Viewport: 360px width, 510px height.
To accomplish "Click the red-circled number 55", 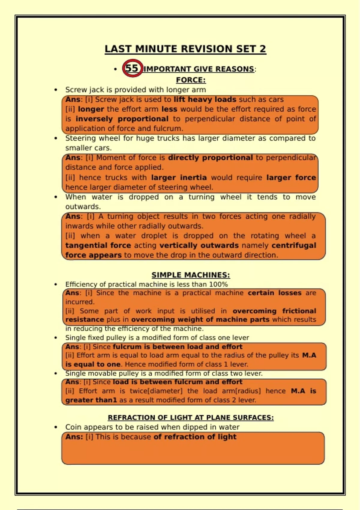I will pyautogui.click(x=132, y=68).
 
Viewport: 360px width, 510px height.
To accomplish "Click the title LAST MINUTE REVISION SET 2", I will pyautogui.click(x=185, y=49).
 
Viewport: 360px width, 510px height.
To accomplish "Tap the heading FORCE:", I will pyautogui.click(x=190, y=80).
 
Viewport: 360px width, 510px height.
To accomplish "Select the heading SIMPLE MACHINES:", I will pyautogui.click(x=190, y=275).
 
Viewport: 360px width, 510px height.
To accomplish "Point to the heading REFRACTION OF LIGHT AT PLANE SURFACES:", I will pyautogui.click(x=190, y=417).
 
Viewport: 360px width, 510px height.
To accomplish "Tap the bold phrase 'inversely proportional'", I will pyautogui.click(x=122, y=119).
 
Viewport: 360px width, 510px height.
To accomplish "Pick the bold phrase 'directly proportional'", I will pyautogui.click(x=210, y=157).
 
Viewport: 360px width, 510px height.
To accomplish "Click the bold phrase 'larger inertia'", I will pyautogui.click(x=179, y=177).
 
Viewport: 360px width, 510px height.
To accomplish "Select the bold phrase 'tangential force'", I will pyautogui.click(x=98, y=245).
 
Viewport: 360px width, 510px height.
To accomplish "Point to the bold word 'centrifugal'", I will pyautogui.click(x=294, y=245).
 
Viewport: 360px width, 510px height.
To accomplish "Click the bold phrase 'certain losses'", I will pyautogui.click(x=274, y=293).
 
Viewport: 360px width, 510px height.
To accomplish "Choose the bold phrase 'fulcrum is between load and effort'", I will pyautogui.click(x=178, y=346).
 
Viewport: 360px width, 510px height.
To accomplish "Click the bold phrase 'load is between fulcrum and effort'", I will pyautogui.click(x=178, y=382).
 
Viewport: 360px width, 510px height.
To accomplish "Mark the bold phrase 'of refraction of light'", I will pyautogui.click(x=195, y=436).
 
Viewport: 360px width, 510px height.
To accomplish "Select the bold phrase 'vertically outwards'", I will pyautogui.click(x=199, y=245).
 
